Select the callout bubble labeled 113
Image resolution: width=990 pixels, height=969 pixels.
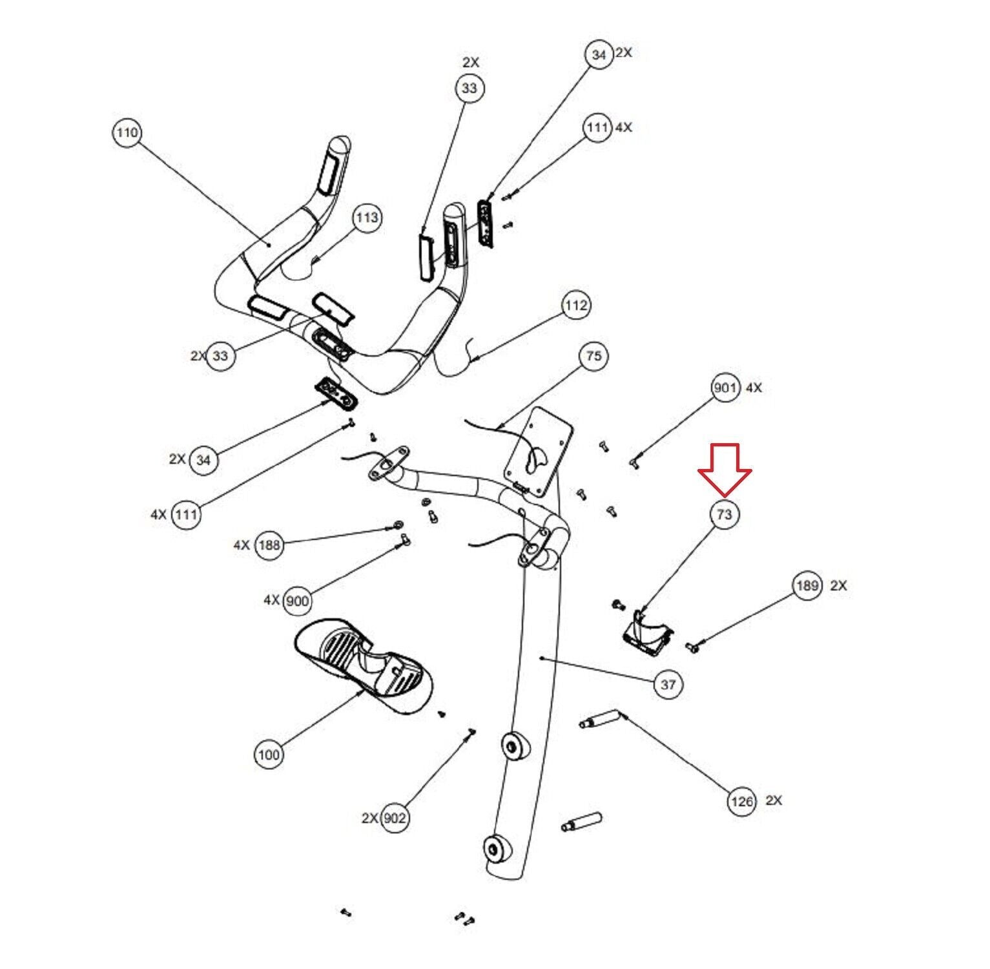(x=367, y=218)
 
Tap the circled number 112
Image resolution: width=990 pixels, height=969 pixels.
(x=576, y=305)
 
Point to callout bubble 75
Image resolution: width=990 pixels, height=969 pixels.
(x=593, y=356)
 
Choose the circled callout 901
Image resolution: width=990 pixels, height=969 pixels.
(x=725, y=388)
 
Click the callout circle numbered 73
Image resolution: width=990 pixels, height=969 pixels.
(x=725, y=514)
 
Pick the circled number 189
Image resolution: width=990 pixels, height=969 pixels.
(x=807, y=586)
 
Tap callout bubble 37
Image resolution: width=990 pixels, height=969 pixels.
(x=668, y=683)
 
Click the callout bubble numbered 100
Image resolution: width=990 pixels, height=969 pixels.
(x=269, y=755)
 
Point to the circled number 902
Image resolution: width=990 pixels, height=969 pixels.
(x=395, y=818)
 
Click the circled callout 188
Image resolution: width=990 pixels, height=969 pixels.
(x=269, y=545)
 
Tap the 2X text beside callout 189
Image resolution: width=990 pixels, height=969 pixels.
(x=838, y=586)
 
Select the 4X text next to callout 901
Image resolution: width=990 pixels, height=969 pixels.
(x=754, y=388)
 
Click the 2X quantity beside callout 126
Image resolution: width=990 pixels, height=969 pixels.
(x=774, y=800)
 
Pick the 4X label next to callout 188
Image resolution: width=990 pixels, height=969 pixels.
(x=242, y=545)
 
